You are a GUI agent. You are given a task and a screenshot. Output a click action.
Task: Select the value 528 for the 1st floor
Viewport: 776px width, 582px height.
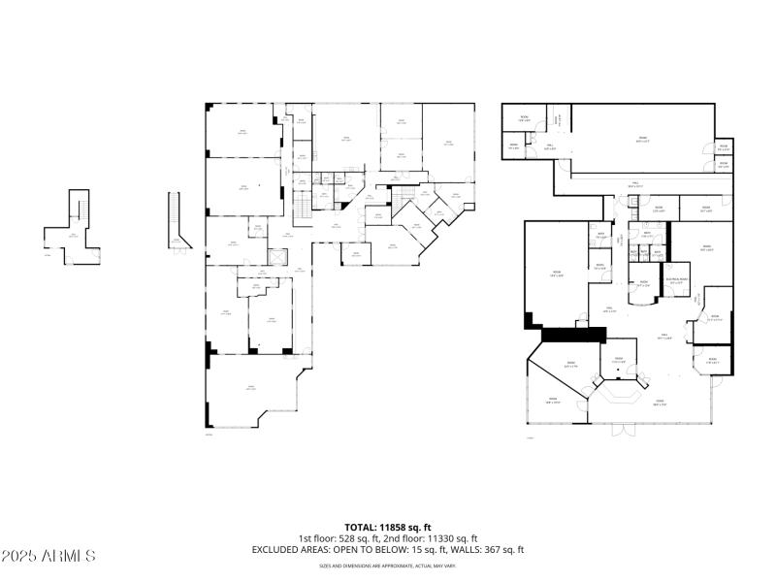[345, 538]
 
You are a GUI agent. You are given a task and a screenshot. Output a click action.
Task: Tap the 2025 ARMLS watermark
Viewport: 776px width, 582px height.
[48, 557]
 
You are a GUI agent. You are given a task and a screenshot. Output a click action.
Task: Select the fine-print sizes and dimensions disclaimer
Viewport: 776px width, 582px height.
[388, 566]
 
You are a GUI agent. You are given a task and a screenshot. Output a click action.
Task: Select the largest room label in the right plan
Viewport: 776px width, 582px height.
[641, 140]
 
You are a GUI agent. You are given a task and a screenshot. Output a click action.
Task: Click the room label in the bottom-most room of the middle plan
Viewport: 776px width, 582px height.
[250, 387]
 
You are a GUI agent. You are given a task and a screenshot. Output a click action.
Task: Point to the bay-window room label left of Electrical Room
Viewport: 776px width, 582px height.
[643, 285]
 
